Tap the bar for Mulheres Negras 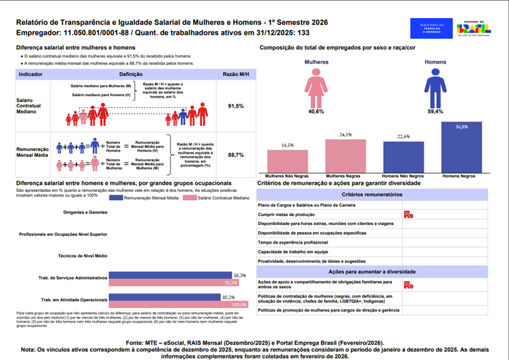(346, 156)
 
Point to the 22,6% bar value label (403, 136)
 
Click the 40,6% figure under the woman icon (316, 111)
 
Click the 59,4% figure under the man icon (435, 111)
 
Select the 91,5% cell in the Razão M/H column (235, 106)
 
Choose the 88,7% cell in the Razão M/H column (235, 155)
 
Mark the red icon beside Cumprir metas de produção (409, 215)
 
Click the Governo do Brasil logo (472, 28)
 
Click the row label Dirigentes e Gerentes (85, 212)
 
